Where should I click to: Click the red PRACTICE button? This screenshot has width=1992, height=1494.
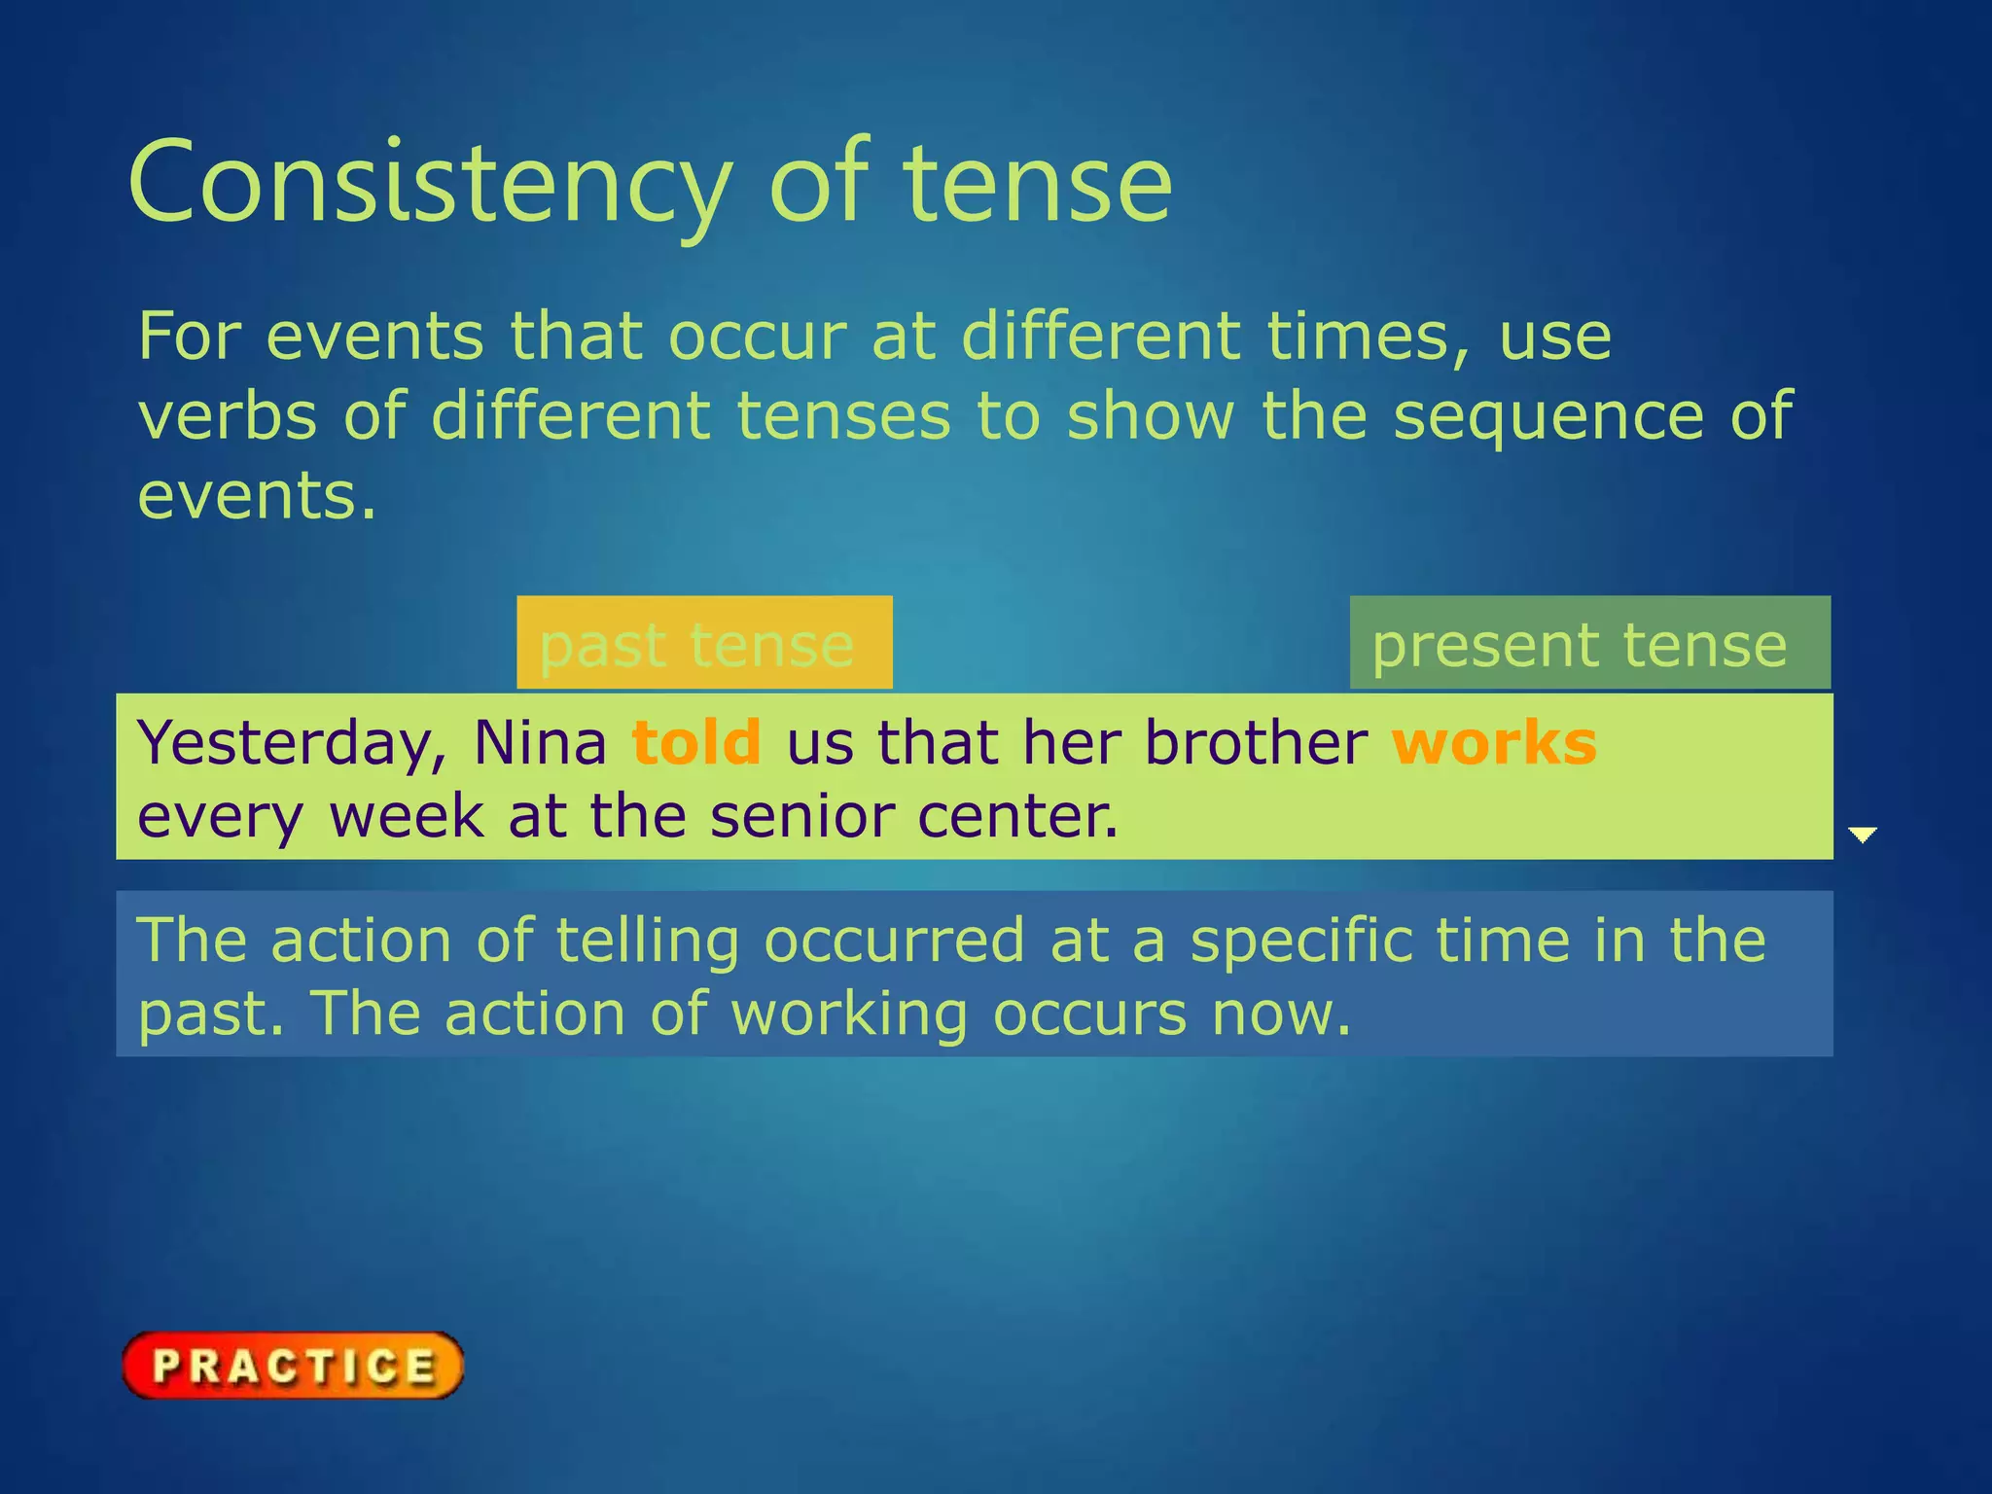pyautogui.click(x=293, y=1366)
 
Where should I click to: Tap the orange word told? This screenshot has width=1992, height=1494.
pyautogui.click(x=696, y=743)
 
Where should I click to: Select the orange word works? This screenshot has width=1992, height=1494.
pyautogui.click(x=1494, y=743)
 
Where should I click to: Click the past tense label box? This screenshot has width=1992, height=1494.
pyautogui.click(x=704, y=643)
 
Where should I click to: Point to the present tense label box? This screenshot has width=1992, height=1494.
pyautogui.click(x=1589, y=643)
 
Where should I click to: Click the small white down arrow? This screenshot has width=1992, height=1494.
pyautogui.click(x=1862, y=835)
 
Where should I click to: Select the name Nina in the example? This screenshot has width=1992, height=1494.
pyautogui.click(x=540, y=743)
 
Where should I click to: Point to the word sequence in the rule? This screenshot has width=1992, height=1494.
pyautogui.click(x=1548, y=416)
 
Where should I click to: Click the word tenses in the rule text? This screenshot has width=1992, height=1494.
pyautogui.click(x=843, y=416)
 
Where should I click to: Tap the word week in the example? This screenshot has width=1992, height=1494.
pyautogui.click(x=407, y=816)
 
